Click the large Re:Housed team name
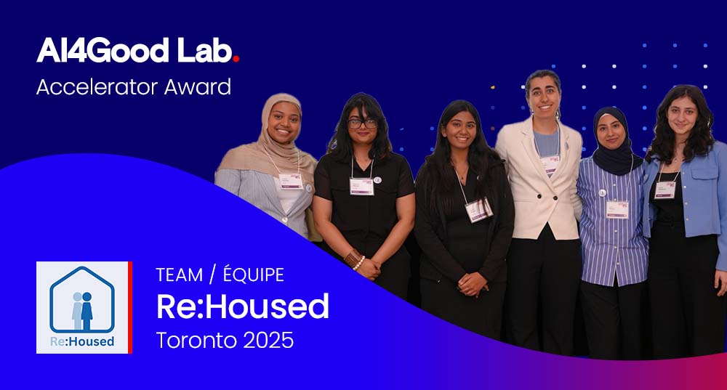pos(243,306)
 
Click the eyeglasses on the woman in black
pos(361,123)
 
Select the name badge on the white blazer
pos(550,164)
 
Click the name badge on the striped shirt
pos(617,208)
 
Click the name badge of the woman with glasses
pos(361,186)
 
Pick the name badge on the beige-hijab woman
pos(291,181)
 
